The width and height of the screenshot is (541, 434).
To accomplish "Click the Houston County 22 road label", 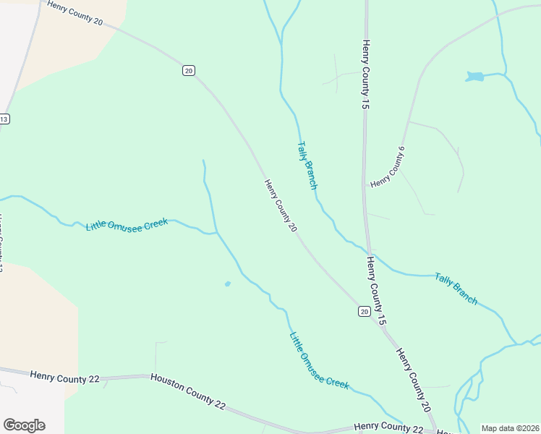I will [x=188, y=391].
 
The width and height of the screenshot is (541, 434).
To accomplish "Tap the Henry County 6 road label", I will [x=386, y=168].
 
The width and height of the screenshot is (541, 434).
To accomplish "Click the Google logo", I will [x=24, y=425].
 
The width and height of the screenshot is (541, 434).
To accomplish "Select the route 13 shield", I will [x=4, y=119].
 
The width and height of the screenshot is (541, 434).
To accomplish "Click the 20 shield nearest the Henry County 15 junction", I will [x=364, y=311].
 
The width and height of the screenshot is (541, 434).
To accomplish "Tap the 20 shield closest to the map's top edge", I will [x=188, y=70].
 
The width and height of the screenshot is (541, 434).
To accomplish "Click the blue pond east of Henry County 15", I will [x=474, y=76].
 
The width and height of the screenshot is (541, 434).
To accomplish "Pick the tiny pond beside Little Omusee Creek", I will [x=228, y=284].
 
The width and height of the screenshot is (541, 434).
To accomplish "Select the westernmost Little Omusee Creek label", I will [x=127, y=225].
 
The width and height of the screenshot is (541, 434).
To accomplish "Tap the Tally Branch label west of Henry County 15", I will [x=307, y=165].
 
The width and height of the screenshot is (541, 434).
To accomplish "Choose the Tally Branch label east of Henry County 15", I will [x=456, y=288].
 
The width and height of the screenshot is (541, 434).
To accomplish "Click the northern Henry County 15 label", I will [x=366, y=75].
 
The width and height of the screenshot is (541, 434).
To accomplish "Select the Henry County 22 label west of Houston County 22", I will [x=63, y=375].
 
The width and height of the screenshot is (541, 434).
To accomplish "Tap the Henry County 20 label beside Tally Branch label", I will [x=281, y=206].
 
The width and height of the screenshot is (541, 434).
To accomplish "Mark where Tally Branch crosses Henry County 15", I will [x=368, y=250].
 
